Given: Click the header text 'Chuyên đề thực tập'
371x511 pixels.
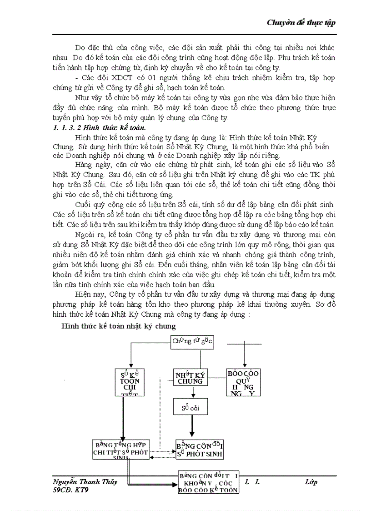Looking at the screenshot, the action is (x=301, y=23).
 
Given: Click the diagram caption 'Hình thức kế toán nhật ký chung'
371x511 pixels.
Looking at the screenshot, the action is (x=119, y=326).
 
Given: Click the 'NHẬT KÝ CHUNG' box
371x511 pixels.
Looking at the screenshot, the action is (x=190, y=378).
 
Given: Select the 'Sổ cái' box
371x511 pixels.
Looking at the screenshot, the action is (x=190, y=407).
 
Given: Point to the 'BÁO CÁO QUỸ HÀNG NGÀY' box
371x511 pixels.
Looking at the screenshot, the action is (x=243, y=382).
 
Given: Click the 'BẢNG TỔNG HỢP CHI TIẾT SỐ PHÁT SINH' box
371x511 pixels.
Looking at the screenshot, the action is (x=120, y=449).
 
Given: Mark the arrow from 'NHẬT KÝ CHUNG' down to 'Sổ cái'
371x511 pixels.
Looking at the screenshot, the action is (x=191, y=392).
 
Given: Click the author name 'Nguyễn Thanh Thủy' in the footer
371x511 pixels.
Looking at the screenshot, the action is (x=82, y=482).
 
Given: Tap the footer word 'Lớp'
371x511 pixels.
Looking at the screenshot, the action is (x=311, y=482).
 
